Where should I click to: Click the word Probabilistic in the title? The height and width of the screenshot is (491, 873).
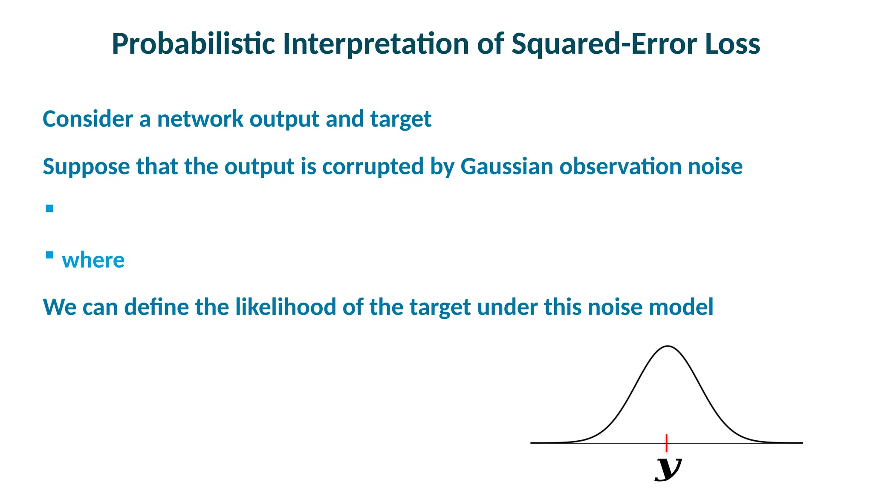(193, 44)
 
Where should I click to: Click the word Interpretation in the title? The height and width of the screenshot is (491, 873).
(376, 44)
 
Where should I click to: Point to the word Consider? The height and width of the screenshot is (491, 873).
(88, 119)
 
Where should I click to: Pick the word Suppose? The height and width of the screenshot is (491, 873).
(86, 167)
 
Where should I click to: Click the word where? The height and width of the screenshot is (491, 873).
(93, 260)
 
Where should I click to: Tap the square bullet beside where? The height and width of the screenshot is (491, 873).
(50, 255)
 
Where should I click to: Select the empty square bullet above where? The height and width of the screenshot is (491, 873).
(50, 208)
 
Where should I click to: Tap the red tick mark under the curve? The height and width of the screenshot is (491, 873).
(666, 443)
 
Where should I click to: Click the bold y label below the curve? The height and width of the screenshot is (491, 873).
(668, 469)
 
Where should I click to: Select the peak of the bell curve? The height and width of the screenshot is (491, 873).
(668, 347)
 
